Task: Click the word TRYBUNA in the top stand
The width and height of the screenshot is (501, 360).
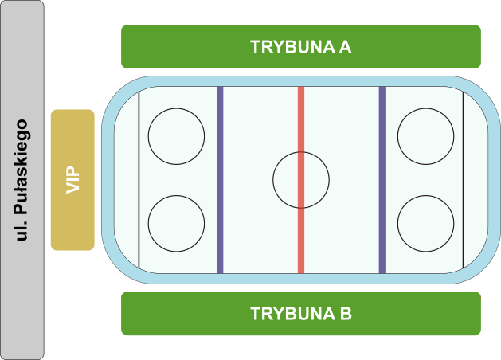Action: pos(292,47)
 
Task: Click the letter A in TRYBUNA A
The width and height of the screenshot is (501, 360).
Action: pos(346,47)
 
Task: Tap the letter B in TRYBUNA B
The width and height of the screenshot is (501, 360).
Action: pos(346,314)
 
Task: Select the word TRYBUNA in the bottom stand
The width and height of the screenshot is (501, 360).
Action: pos(292,314)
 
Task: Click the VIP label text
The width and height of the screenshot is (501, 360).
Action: pos(72,180)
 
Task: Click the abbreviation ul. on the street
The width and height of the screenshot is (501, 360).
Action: pos(21,230)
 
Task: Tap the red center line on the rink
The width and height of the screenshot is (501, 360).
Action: pos(301,180)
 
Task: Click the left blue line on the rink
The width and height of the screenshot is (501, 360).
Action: pos(220,180)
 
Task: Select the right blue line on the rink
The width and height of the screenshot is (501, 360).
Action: pos(382,180)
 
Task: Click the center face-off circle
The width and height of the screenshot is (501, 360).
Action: pos(301,180)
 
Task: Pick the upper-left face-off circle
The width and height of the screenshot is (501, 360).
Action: pos(176,136)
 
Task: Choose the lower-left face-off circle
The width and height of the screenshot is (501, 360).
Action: pos(176,224)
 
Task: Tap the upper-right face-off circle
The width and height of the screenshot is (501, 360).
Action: pos(425,136)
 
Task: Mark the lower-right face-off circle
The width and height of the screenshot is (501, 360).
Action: pos(425,224)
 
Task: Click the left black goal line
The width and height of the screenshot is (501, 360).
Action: pos(139,180)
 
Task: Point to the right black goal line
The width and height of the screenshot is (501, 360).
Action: pos(464,180)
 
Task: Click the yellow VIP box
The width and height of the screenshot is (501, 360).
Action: pos(72,180)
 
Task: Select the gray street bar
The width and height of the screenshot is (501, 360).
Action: pos(22,180)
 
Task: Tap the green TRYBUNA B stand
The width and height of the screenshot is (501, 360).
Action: pos(301,313)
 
